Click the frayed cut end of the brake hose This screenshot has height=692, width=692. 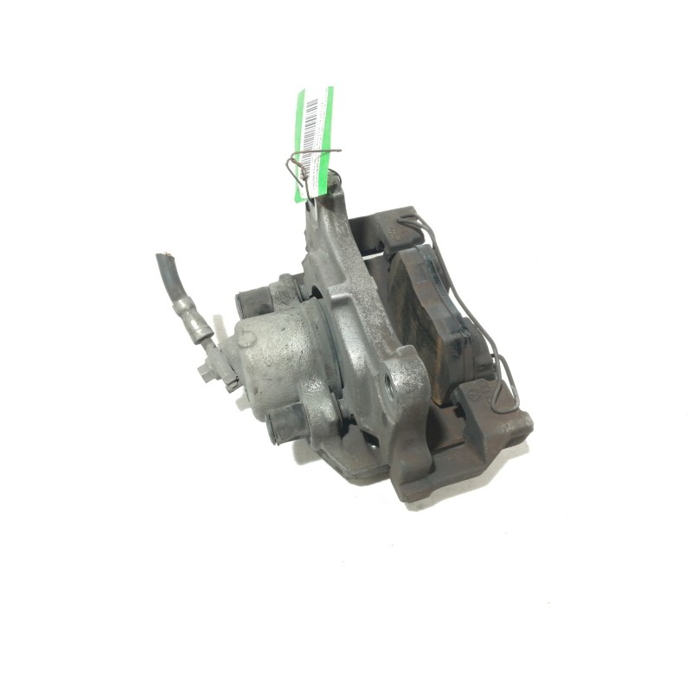click(x=162, y=259)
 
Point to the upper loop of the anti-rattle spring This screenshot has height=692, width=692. click(x=428, y=229)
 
